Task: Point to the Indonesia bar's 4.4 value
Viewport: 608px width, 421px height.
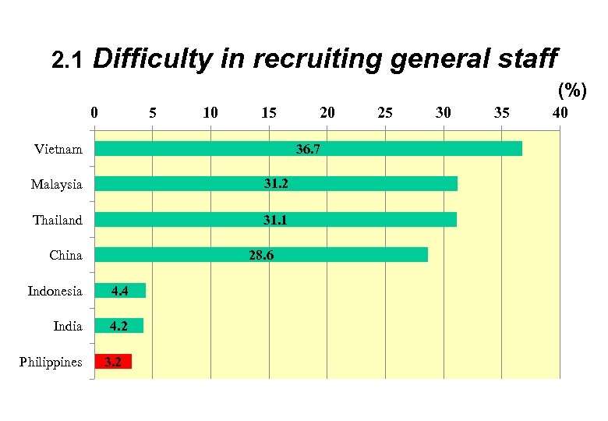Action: [120, 291]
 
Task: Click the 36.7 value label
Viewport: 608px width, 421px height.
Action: [308, 148]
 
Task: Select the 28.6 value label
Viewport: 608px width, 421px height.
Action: [261, 255]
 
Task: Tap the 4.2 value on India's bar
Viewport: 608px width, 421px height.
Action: [118, 326]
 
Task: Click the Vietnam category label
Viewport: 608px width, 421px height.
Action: [58, 149]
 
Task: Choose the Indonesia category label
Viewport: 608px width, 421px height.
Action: [55, 291]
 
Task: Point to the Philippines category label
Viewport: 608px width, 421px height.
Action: [51, 362]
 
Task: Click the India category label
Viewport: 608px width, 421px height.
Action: [68, 326]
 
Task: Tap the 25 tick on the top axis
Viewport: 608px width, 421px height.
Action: [385, 112]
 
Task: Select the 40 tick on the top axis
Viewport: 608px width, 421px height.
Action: [560, 112]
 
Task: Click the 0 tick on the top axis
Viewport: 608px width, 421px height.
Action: [94, 112]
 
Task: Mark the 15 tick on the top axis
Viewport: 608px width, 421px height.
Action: [269, 112]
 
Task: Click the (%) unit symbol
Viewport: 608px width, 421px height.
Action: [571, 90]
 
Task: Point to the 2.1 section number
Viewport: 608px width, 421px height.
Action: [65, 60]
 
